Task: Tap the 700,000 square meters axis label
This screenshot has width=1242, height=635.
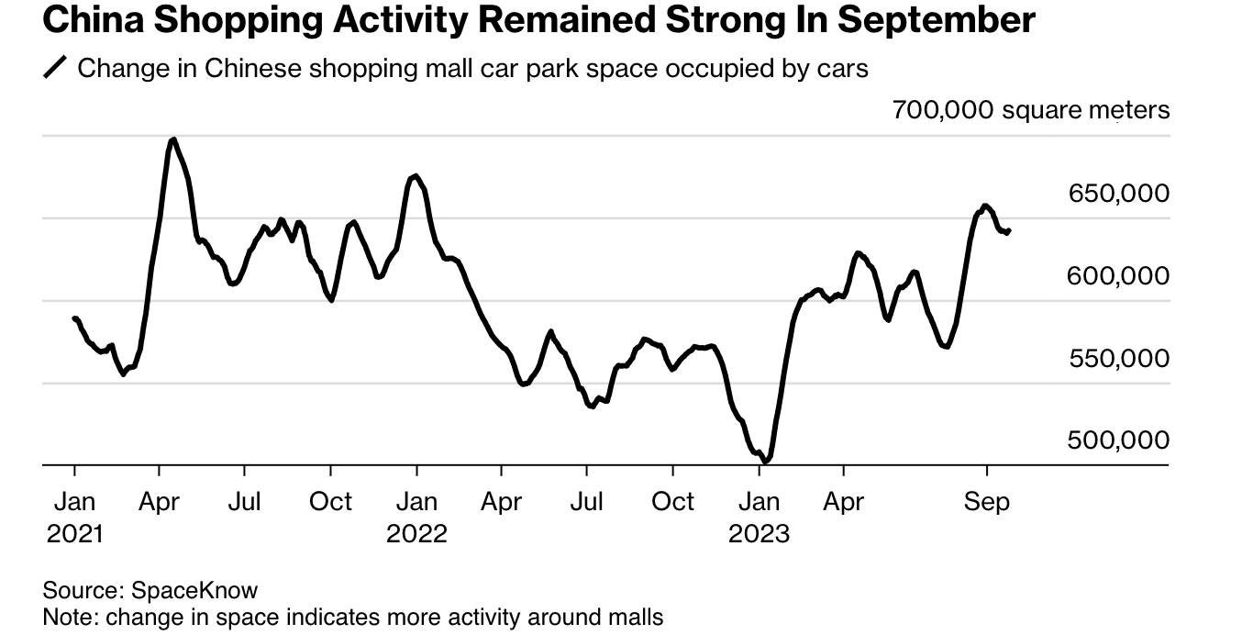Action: click(1031, 111)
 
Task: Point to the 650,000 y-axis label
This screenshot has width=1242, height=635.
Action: click(1118, 194)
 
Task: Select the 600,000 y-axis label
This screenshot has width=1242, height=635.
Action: click(1118, 276)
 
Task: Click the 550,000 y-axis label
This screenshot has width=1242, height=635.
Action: click(1118, 359)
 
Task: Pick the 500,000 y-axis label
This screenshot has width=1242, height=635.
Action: click(1118, 441)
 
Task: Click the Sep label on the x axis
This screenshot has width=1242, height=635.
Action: click(987, 502)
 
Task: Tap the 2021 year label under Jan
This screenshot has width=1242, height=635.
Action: click(74, 533)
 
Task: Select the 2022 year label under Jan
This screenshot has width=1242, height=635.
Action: click(416, 533)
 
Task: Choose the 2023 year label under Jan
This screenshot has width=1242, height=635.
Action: click(759, 533)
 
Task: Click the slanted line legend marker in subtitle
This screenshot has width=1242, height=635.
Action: click(56, 69)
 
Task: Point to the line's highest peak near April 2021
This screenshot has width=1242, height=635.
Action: click(173, 139)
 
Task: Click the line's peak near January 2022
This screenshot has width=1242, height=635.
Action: click(416, 175)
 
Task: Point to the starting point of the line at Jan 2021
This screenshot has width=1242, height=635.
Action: click(74, 318)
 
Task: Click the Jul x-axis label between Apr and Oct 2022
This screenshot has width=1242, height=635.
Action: click(586, 502)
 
